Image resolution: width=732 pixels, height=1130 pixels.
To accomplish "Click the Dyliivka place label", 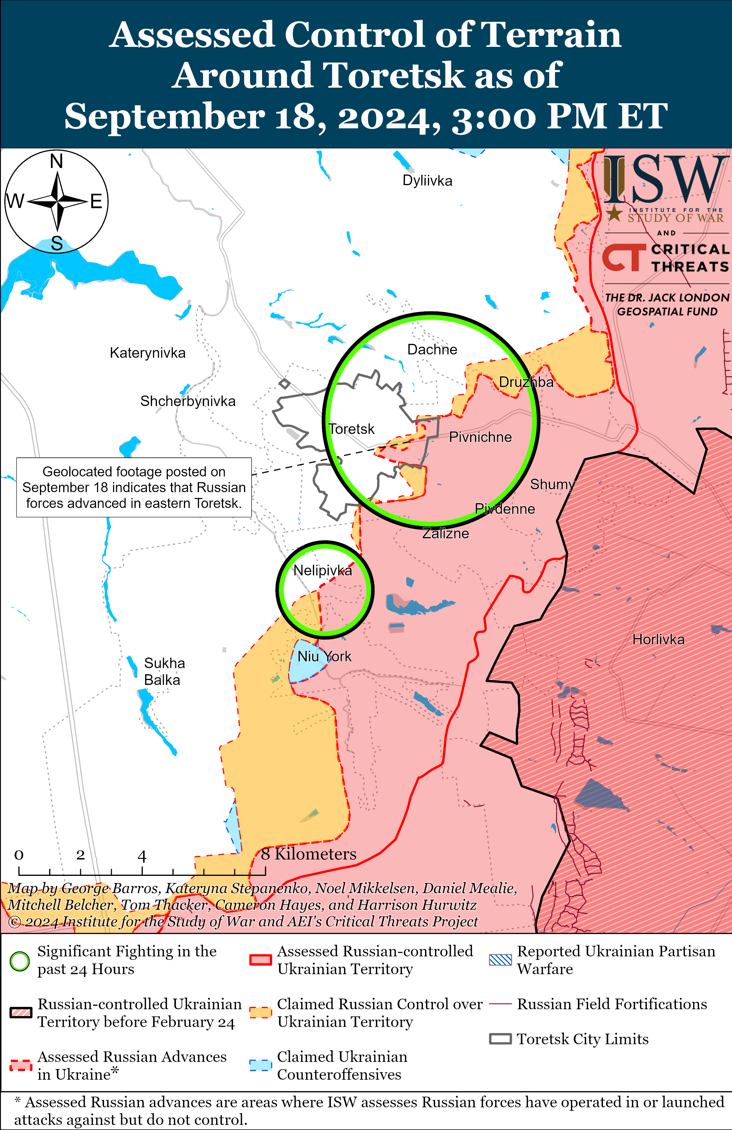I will pyautogui.click(x=427, y=181).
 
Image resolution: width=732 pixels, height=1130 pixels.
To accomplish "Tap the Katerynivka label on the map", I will pyautogui.click(x=148, y=353).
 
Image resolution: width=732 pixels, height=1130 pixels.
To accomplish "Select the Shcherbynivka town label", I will pyautogui.click(x=188, y=401).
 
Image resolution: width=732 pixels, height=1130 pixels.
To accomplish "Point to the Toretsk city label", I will pyautogui.click(x=352, y=429).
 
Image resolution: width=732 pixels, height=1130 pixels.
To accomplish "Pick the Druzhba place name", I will pyautogui.click(x=526, y=382).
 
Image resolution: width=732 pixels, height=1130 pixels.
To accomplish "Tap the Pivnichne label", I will pyautogui.click(x=481, y=437).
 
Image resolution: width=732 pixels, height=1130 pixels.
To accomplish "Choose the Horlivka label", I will pyautogui.click(x=658, y=639).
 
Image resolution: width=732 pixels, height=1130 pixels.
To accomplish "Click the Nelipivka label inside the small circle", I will pyautogui.click(x=323, y=571).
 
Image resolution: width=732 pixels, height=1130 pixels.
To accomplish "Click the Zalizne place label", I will pyautogui.click(x=446, y=534).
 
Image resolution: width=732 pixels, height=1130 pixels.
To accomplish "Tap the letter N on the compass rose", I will pyautogui.click(x=57, y=161).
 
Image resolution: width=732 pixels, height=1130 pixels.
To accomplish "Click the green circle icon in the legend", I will pyautogui.click(x=20, y=961).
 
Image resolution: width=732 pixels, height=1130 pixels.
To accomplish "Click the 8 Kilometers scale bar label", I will pyautogui.click(x=309, y=854).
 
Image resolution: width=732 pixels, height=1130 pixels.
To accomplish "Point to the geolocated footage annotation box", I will pyautogui.click(x=134, y=488).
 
